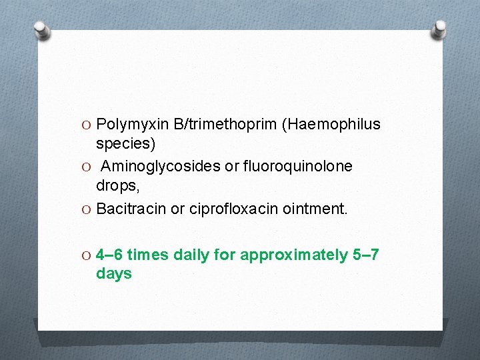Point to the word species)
pos(125,143)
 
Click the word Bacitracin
pos(131,209)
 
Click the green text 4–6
pos(109,255)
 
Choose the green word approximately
pos(293,255)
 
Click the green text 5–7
pos(365,255)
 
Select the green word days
pos(114,273)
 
